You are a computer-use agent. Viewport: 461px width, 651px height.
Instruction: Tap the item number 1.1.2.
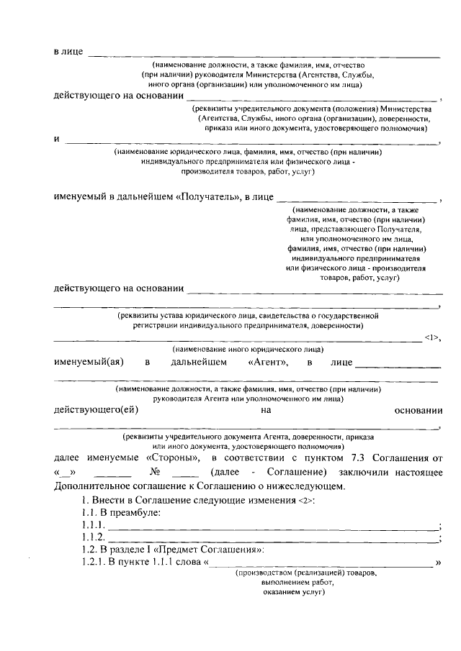point(94,537)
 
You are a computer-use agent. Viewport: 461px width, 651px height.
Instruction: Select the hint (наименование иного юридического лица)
point(246,348)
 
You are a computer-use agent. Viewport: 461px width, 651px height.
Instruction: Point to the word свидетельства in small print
point(291,315)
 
